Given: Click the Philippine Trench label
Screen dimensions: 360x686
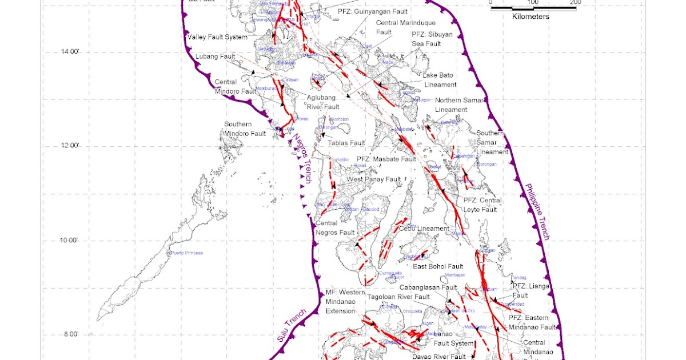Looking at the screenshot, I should [x=537, y=211].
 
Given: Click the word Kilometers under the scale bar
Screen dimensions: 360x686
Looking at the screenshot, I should [x=530, y=17].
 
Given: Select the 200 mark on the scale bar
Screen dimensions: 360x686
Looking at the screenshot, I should [x=575, y=2].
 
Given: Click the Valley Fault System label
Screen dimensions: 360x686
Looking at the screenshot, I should [x=217, y=38].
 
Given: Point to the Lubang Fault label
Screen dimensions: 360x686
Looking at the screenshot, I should [x=216, y=57].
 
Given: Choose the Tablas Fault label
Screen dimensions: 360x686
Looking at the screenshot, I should [x=346, y=143].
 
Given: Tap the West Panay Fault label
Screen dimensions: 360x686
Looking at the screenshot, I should [x=374, y=179].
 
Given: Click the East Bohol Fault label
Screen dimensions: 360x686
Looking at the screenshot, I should [x=438, y=267].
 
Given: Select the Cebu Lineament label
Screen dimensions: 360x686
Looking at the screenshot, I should [x=424, y=229].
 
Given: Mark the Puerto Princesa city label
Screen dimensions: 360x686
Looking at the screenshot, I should [x=186, y=253].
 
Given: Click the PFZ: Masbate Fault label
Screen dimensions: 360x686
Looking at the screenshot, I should [x=386, y=159].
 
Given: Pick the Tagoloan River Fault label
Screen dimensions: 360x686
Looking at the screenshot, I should [x=398, y=297].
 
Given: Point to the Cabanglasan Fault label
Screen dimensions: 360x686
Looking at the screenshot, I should [x=428, y=287].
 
